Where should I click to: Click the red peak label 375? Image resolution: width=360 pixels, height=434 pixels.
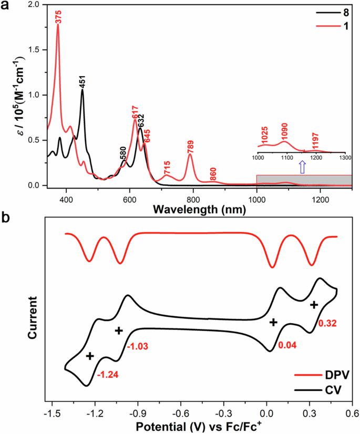58,17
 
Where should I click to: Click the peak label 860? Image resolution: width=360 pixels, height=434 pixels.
213,174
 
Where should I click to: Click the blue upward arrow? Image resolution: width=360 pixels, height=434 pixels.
302,167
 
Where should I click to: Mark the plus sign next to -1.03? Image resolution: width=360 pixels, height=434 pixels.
119,330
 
